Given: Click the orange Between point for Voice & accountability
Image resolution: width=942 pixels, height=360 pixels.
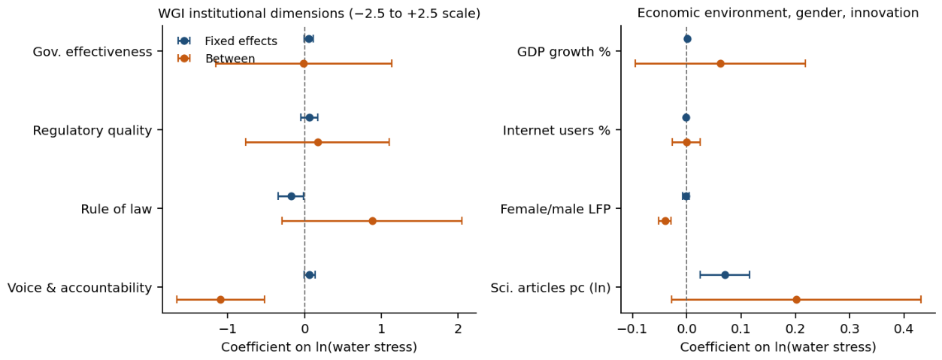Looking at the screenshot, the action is [220, 299].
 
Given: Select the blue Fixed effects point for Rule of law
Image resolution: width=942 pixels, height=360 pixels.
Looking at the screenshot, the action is [291, 196].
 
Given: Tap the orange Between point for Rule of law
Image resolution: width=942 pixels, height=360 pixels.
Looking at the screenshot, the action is [372, 221].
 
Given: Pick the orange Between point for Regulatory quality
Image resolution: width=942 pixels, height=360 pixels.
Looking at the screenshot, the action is [318, 142].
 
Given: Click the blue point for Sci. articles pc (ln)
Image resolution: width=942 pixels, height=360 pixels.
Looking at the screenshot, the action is [725, 275].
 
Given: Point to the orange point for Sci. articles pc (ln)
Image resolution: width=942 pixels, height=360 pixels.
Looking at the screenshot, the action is [796, 299].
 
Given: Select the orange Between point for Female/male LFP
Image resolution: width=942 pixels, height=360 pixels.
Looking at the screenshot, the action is [665, 221].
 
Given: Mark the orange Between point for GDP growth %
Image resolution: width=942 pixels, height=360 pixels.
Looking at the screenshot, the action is [720, 63].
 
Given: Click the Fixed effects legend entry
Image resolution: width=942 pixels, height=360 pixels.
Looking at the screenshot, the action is [228, 41].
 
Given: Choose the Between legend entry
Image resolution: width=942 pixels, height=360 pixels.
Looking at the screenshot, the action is [217, 59].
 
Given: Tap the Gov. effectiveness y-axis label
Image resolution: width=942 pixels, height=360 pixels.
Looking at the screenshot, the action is [92, 52].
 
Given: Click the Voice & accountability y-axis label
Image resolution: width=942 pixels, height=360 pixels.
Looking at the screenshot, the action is [80, 288].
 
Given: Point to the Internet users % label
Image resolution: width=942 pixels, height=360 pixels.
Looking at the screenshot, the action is [556, 130].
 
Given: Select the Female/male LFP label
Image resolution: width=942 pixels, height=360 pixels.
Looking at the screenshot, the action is [555, 209].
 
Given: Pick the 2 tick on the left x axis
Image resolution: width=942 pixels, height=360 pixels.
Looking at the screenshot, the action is [458, 328].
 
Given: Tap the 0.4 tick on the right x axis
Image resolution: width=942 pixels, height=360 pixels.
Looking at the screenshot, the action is [904, 328].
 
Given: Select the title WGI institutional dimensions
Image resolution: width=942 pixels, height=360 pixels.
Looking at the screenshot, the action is [320, 14].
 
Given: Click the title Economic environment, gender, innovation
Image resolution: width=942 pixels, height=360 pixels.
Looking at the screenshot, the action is [778, 13].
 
